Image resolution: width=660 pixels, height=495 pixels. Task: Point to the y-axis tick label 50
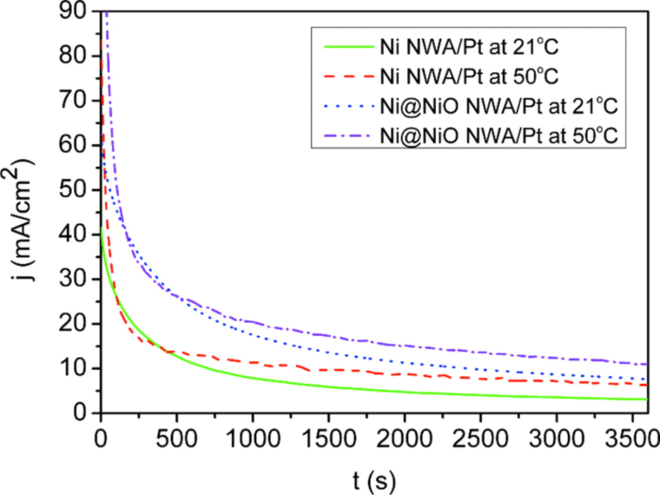pyautogui.click(x=73, y=189)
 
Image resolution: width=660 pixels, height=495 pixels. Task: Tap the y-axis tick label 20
pyautogui.click(x=73, y=324)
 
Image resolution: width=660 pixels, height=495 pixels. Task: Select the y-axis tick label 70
pyautogui.click(x=73, y=100)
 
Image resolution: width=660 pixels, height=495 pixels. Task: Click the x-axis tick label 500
pyautogui.click(x=177, y=439)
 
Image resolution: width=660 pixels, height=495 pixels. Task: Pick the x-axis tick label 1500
pyautogui.click(x=328, y=439)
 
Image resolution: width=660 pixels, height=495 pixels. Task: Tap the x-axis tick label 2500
pyautogui.click(x=480, y=439)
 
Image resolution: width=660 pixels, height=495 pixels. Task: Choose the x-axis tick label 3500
pyautogui.click(x=631, y=439)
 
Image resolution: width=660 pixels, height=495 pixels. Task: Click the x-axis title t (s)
pyautogui.click(x=374, y=480)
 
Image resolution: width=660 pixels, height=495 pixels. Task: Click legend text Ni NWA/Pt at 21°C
pyautogui.click(x=469, y=47)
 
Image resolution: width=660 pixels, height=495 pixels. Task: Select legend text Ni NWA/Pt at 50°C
pyautogui.click(x=469, y=76)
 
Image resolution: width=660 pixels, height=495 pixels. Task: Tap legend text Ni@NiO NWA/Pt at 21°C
pyautogui.click(x=499, y=106)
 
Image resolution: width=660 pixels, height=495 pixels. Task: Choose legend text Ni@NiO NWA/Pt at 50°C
pyautogui.click(x=499, y=136)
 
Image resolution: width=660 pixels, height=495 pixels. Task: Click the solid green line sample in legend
pyautogui.click(x=349, y=47)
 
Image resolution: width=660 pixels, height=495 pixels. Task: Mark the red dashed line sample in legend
pyautogui.click(x=349, y=76)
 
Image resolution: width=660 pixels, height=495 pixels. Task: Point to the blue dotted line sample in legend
pyautogui.click(x=349, y=106)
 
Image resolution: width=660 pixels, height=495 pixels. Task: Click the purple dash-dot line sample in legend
pyautogui.click(x=349, y=136)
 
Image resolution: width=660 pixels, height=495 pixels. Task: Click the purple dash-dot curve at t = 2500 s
pyautogui.click(x=480, y=352)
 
